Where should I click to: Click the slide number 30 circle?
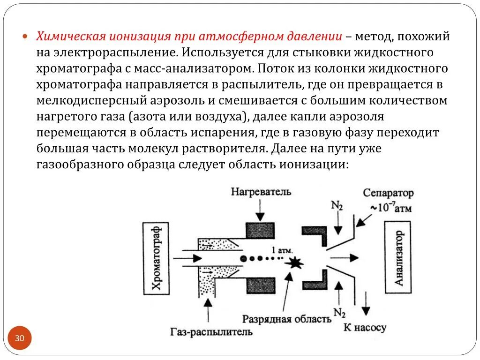[x=20, y=338]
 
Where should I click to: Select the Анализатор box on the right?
[x=398, y=258]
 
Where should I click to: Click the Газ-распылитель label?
[x=211, y=332]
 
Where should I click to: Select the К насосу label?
[x=365, y=327]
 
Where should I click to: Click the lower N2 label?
[x=339, y=311]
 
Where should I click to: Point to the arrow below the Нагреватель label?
[x=256, y=209]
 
